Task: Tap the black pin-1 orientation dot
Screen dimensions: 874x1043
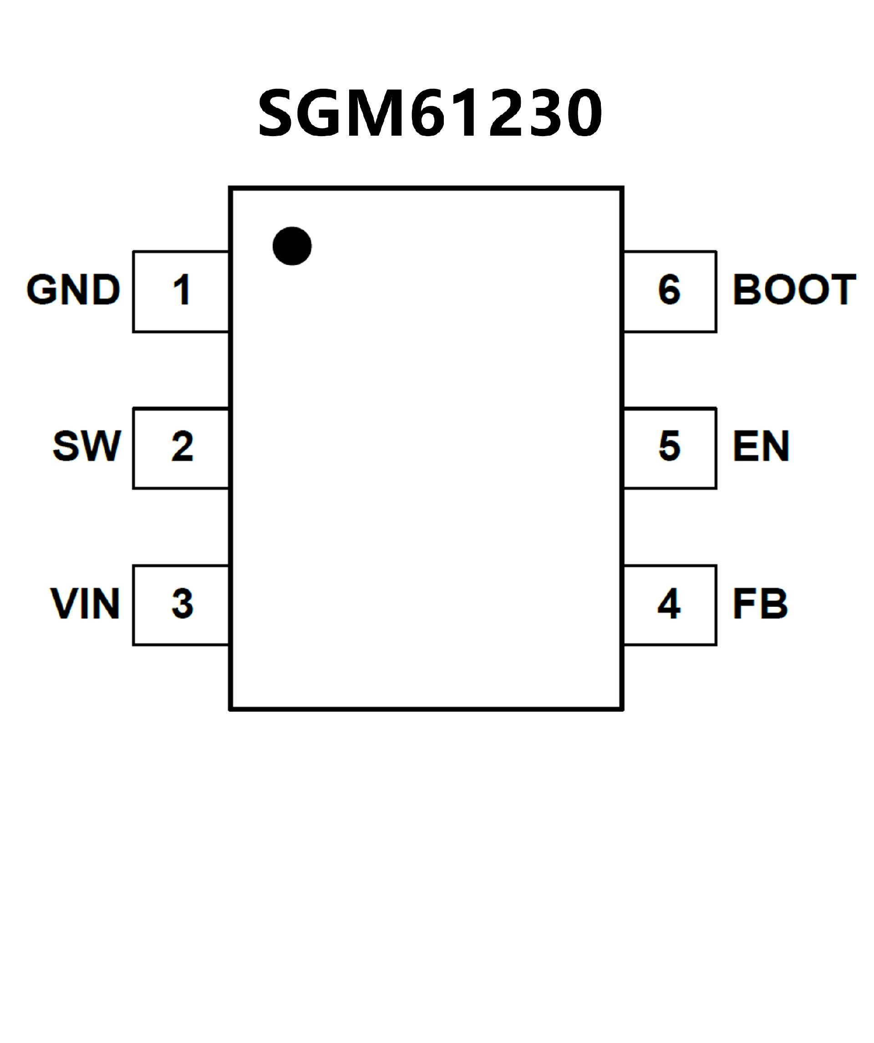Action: point(292,246)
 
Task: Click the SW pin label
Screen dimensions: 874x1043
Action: point(87,446)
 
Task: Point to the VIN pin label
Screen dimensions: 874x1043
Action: point(85,604)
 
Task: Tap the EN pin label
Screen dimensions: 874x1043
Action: point(761,446)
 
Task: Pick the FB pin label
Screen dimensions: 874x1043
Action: point(760,604)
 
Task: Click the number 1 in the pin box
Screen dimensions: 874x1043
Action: point(182,290)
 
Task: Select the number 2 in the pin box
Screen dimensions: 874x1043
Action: point(182,446)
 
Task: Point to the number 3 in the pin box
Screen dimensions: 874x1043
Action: point(182,604)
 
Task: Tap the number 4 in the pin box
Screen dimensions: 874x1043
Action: point(669,604)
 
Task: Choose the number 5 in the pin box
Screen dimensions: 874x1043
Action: point(670,446)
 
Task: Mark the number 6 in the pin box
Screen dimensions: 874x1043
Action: point(670,290)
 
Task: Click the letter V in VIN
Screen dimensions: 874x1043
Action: point(65,604)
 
